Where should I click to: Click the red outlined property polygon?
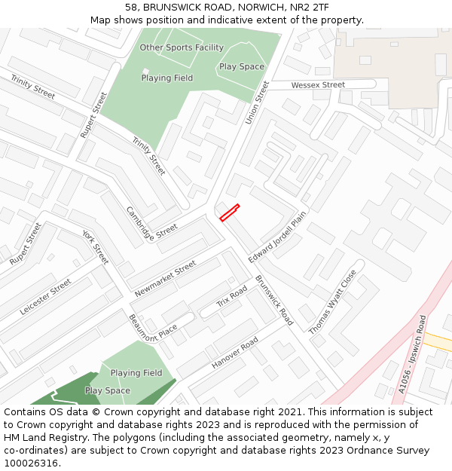coord(229,213)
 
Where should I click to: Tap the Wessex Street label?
coord(318,85)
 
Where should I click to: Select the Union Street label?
coord(258,102)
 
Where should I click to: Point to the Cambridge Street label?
coord(151,225)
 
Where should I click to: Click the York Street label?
coord(96,246)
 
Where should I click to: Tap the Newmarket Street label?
coord(165,279)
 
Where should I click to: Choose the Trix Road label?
coord(232,296)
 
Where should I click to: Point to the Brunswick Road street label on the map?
coord(274,299)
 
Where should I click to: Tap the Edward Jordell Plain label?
coord(277,237)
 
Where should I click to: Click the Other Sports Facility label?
coord(182,47)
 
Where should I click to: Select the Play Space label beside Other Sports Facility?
coord(242,66)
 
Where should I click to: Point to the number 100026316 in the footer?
coord(31,463)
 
